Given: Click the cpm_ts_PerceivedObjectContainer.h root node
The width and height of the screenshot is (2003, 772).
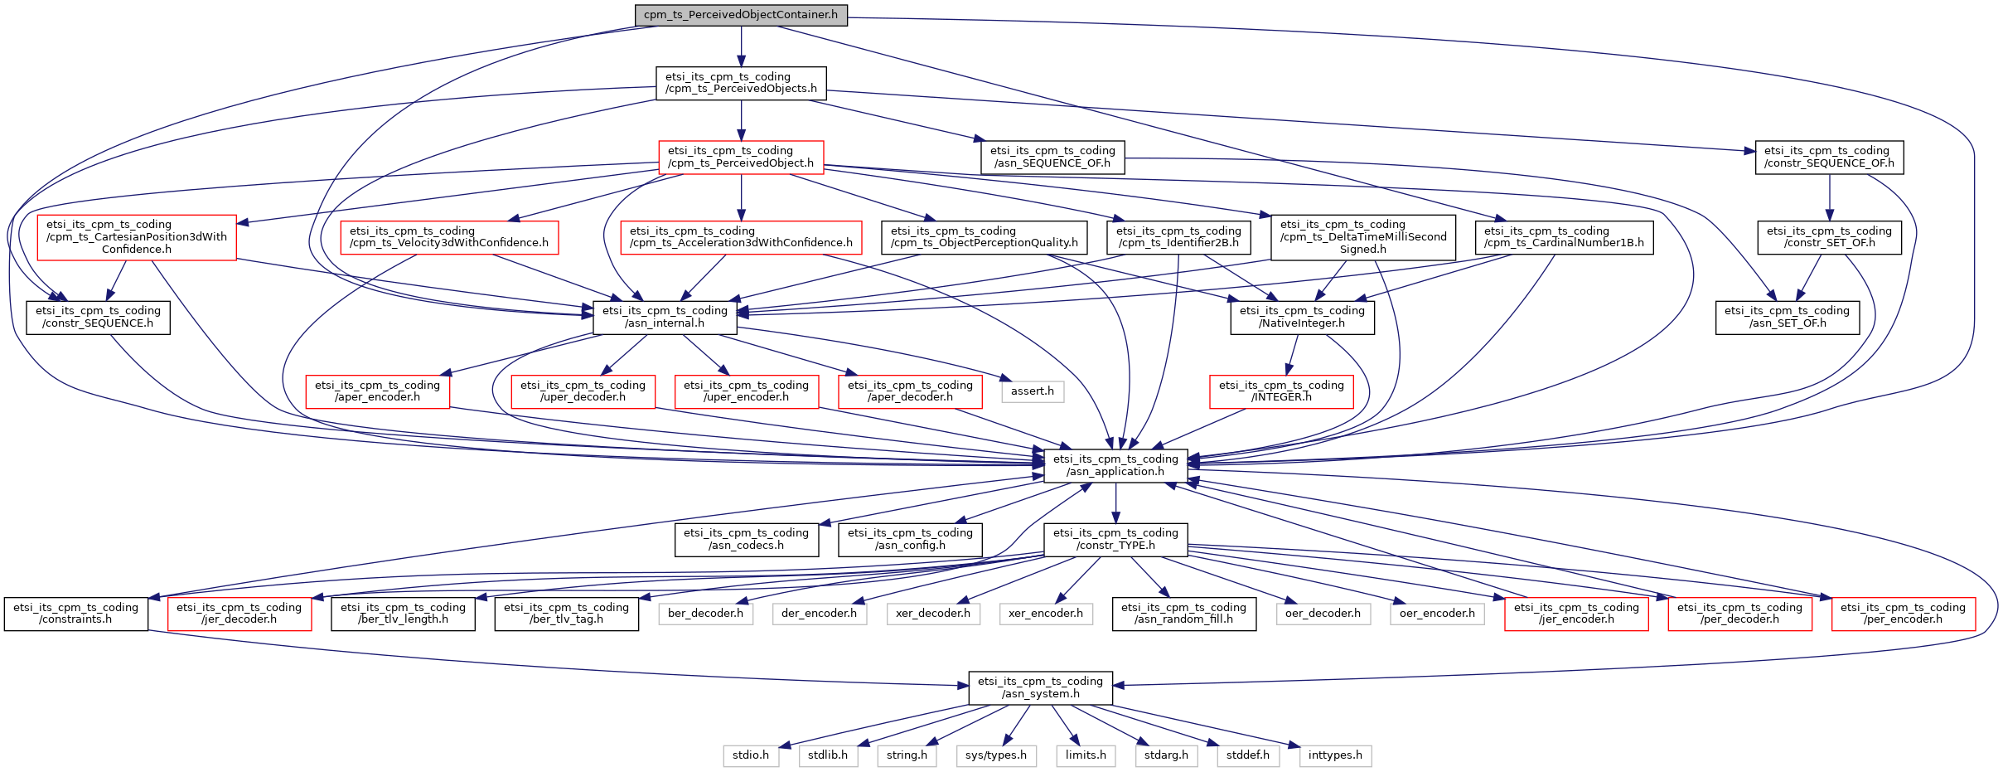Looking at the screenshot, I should [741, 15].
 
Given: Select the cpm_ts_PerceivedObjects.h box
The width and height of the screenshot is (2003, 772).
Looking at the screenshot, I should [741, 83].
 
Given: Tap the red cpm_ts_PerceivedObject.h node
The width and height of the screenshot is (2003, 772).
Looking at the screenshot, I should [741, 157].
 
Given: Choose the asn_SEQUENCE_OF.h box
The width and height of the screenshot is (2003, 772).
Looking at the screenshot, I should [1052, 157].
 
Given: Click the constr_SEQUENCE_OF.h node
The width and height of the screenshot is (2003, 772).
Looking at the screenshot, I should [1829, 157].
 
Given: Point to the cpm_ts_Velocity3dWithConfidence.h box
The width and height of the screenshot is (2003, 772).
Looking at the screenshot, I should [448, 237].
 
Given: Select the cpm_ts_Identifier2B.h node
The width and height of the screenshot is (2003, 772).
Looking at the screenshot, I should [1178, 237].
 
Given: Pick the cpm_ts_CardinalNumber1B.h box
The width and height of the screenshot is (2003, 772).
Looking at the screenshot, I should [1564, 237].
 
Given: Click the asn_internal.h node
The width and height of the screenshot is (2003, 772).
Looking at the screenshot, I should [665, 317].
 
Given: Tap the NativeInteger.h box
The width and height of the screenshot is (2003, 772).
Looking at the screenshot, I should [1302, 317].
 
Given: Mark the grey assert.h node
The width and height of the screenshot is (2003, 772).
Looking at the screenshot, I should [1032, 391].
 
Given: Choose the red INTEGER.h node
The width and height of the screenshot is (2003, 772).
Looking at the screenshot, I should [1281, 391].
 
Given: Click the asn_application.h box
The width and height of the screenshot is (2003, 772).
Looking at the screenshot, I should [1115, 465].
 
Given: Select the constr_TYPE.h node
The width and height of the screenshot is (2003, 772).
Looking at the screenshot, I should [1115, 539].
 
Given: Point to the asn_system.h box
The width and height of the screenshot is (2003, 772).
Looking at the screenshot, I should [1040, 687].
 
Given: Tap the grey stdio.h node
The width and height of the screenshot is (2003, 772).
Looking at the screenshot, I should [751, 755].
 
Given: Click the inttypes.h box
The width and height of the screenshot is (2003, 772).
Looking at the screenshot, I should [1335, 755].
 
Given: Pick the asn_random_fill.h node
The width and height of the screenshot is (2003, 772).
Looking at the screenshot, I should [1183, 614].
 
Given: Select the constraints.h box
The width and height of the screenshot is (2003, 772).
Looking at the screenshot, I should [75, 614].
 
